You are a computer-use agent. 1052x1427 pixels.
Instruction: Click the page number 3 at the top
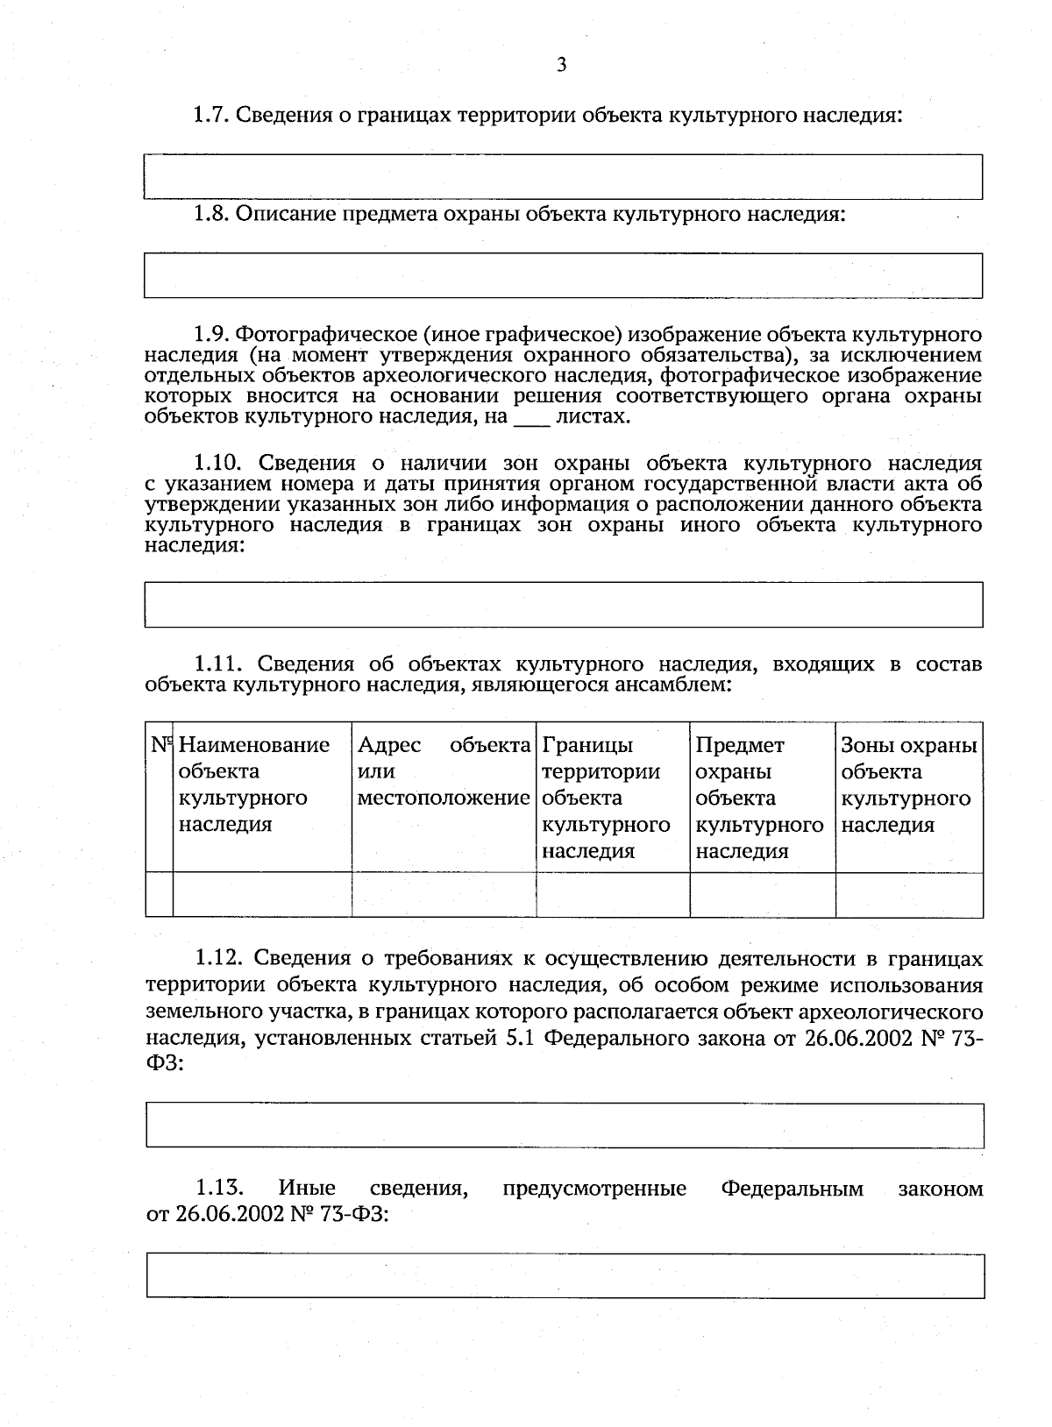561,64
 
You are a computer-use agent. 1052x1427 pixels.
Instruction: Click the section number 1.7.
210,115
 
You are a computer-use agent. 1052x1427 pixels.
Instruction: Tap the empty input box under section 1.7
563,177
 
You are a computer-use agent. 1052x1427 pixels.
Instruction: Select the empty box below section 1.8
563,275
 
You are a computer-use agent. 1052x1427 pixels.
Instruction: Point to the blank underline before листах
531,418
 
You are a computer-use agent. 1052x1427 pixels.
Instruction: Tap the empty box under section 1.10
563,605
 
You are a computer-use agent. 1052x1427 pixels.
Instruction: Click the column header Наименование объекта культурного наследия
253,784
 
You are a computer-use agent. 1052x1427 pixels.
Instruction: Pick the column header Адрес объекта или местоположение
444,771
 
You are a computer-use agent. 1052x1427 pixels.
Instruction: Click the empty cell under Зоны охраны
908,895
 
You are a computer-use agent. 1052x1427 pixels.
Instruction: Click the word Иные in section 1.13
307,1189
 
